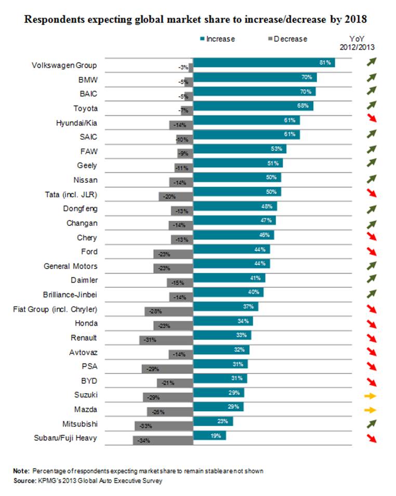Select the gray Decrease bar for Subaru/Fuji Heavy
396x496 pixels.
click(x=163, y=440)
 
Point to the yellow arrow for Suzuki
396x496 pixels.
click(x=370, y=396)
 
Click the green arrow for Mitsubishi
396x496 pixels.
click(x=370, y=424)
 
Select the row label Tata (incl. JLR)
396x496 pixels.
click(x=72, y=195)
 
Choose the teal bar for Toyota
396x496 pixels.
click(x=253, y=106)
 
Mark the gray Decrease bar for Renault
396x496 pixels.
click(x=166, y=340)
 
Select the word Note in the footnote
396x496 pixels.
click(x=21, y=471)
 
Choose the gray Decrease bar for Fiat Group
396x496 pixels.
click(x=169, y=311)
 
